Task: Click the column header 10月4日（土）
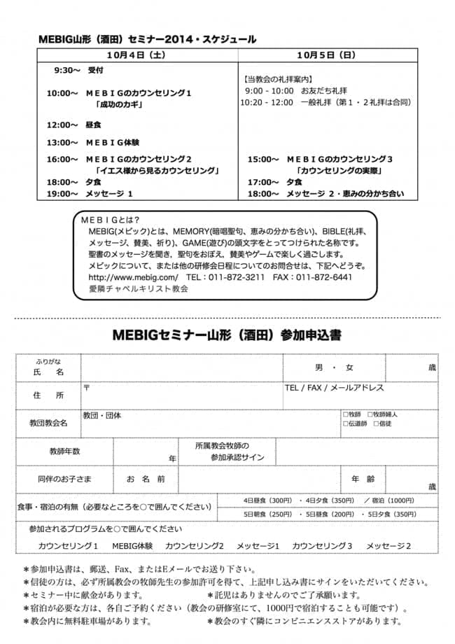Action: point(136,54)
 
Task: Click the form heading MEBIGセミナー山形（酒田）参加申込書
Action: point(227,335)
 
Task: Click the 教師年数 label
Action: point(64,451)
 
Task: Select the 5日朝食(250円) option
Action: point(267,514)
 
